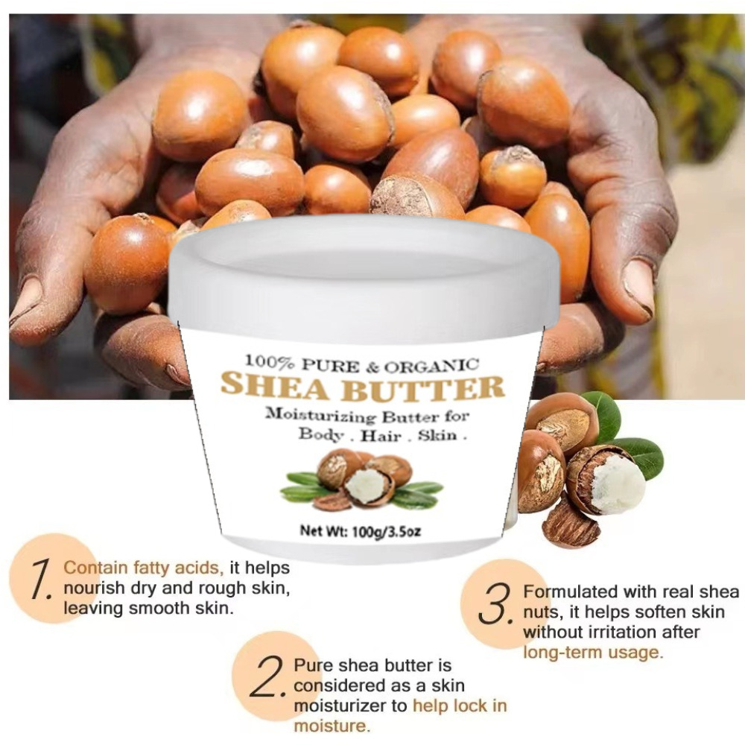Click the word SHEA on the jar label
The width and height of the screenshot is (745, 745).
[275, 386]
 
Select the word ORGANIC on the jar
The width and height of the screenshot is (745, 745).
[431, 366]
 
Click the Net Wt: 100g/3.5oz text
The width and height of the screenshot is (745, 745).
[360, 530]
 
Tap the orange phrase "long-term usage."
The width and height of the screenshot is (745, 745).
[593, 653]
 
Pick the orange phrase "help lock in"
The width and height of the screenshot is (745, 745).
[460, 706]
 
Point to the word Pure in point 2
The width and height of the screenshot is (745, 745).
[311, 665]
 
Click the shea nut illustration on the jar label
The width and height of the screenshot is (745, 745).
[362, 479]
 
